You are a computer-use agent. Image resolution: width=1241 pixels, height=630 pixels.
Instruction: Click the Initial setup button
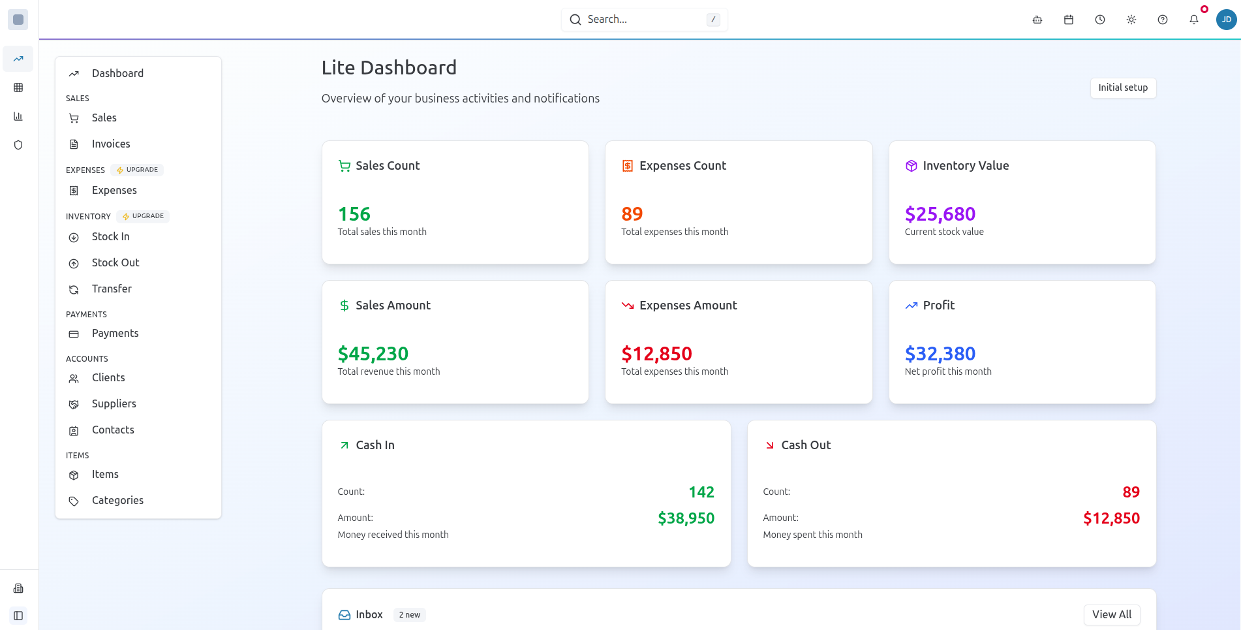pos(1122,87)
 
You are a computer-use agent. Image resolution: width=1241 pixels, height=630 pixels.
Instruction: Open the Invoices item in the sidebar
pos(110,144)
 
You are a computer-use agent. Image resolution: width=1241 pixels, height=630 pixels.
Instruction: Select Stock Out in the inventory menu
pos(115,262)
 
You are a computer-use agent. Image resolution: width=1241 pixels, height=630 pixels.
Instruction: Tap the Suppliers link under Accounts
pos(114,403)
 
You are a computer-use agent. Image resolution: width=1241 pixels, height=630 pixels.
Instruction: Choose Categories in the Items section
pos(117,500)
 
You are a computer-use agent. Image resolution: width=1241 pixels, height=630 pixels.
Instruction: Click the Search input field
pos(643,20)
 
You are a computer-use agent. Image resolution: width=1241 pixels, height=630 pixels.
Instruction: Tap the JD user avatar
pos(1226,20)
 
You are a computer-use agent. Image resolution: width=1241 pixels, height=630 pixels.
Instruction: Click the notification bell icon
pos(1193,20)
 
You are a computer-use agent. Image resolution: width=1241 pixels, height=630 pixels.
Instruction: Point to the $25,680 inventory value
pos(940,214)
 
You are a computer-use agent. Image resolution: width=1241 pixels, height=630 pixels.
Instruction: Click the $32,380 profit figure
pos(940,354)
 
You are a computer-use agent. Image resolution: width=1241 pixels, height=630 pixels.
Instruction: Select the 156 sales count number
pos(354,214)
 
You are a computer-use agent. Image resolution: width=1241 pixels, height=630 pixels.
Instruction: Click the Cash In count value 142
pos(701,492)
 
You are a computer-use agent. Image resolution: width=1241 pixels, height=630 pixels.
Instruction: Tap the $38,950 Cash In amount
pos(686,518)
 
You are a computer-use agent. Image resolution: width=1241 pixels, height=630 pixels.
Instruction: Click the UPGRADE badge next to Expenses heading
pos(138,170)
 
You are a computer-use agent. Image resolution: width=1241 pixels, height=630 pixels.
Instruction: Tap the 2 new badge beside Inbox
pos(409,615)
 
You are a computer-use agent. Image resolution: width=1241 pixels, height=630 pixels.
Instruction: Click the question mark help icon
pos(1162,20)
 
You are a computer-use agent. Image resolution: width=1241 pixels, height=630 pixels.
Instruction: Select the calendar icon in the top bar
pos(1068,20)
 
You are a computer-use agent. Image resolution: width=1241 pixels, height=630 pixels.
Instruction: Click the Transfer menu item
pos(112,289)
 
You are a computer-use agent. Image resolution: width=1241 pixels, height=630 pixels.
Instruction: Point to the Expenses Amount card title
pos(688,306)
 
